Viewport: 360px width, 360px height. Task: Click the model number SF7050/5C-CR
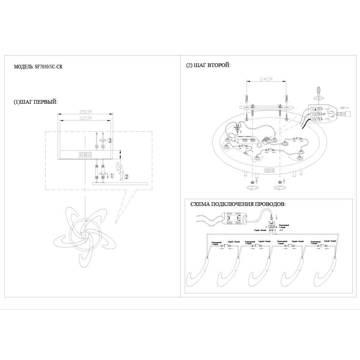[x=46, y=67]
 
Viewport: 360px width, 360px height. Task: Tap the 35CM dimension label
[x=86, y=112]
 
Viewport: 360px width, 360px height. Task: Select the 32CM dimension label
[x=86, y=118]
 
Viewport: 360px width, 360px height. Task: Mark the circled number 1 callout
[x=112, y=176]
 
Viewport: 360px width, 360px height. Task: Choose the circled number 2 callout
[x=126, y=176]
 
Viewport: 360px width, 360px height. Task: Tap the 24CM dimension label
[x=267, y=79]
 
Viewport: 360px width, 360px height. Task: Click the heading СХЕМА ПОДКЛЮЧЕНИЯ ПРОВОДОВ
[x=238, y=204]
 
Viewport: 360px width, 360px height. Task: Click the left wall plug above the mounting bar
[x=247, y=98]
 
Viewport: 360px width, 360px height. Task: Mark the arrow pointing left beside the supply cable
[x=345, y=107]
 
